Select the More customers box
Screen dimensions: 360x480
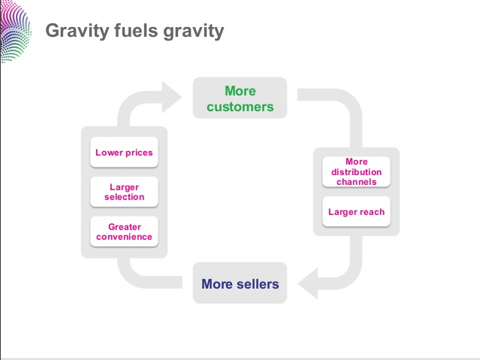(240, 98)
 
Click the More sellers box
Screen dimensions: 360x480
(240, 283)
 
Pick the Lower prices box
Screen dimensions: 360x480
(124, 153)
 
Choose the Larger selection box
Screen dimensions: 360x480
(124, 192)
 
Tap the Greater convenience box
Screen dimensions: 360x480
(124, 231)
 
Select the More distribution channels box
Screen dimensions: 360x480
(356, 171)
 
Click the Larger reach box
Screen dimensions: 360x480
(356, 212)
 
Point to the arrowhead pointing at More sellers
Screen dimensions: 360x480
(306, 284)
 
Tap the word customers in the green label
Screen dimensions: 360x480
(240, 107)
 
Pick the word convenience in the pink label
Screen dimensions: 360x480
(124, 237)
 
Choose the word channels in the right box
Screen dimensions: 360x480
(356, 181)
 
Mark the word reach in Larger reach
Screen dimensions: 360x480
(372, 212)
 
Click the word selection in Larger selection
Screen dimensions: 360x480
(124, 197)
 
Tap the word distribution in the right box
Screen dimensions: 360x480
(356, 171)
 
